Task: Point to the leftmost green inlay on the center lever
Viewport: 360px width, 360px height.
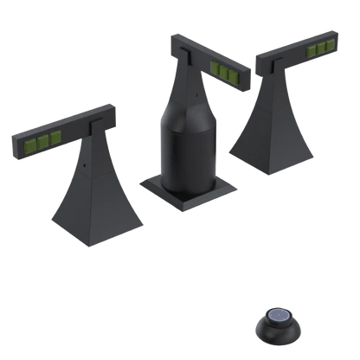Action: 214,67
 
